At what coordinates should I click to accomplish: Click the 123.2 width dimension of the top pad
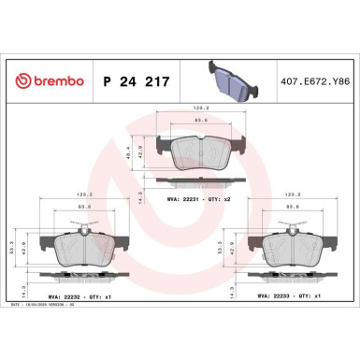201,108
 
